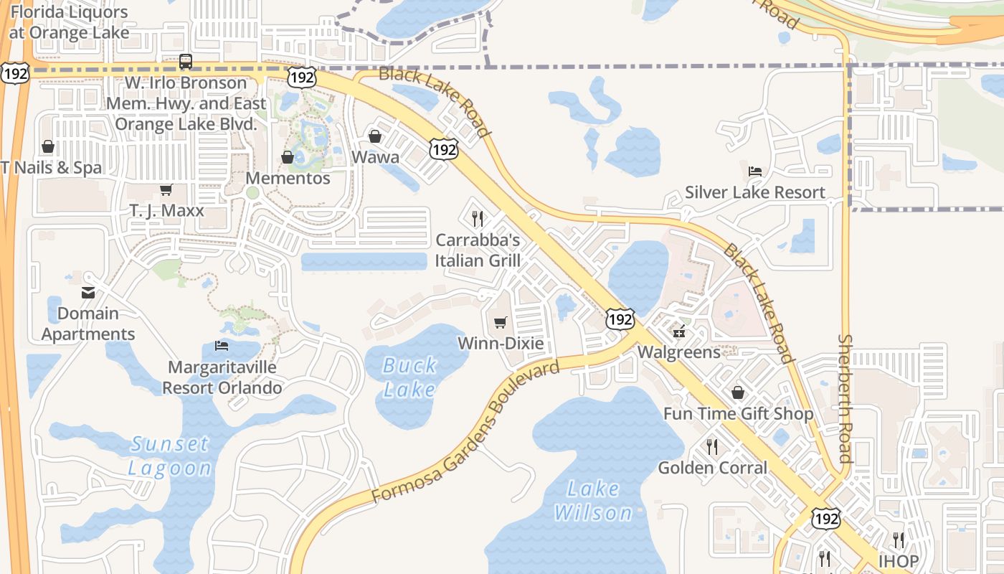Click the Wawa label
click(375, 156)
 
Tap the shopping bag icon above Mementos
click(288, 156)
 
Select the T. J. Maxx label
click(166, 211)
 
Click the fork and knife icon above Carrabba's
click(477, 217)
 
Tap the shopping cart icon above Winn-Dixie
click(501, 322)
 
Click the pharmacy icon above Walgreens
click(678, 331)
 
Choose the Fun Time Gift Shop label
click(738, 414)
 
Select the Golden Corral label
click(712, 468)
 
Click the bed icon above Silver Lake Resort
click(755, 171)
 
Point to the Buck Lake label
click(409, 377)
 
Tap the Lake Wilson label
click(593, 501)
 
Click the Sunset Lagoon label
click(170, 456)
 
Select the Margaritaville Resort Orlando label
click(222, 377)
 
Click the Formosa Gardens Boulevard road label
click(466, 433)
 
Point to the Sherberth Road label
click(846, 398)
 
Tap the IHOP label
click(898, 560)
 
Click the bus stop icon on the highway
click(186, 62)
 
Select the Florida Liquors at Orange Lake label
click(70, 22)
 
